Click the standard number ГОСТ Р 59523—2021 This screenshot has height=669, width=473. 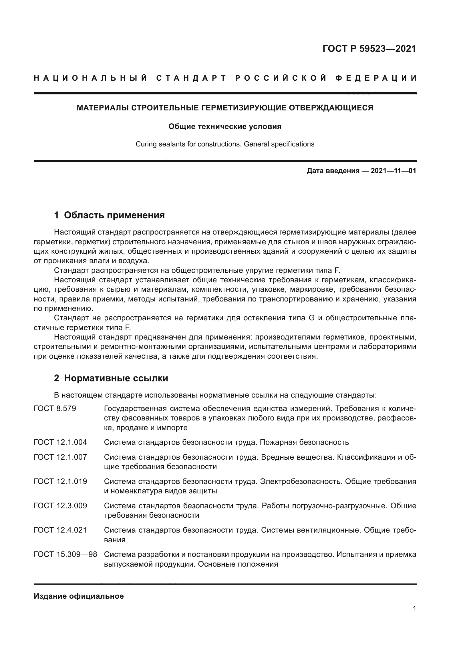pos(369,49)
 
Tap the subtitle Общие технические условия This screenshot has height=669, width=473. pos(225,126)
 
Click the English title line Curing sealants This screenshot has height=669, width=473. pos(225,144)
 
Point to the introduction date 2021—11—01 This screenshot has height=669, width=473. pos(393,171)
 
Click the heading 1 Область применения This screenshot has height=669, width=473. pos(109,215)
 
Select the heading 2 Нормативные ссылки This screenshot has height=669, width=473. pos(111,378)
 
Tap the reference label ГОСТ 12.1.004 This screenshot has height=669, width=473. pos(60,442)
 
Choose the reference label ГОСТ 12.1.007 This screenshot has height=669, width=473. pos(60,457)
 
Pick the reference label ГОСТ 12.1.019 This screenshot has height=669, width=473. pos(60,481)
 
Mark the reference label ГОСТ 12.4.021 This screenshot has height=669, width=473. pos(60,530)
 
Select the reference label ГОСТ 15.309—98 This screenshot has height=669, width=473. pos(65,554)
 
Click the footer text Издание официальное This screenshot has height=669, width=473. pos(79,596)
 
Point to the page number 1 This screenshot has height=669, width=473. pos(414,609)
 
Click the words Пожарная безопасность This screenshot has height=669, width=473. pos(304,442)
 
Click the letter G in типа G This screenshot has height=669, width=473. pos(311,318)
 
